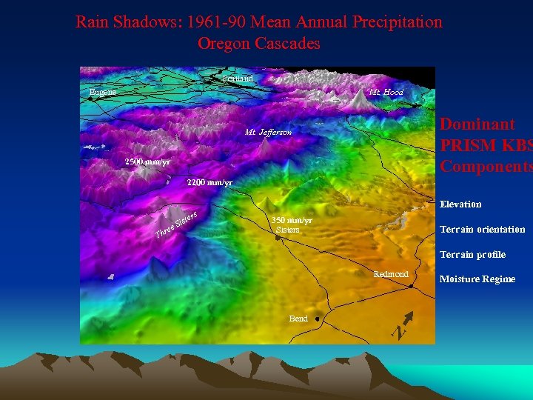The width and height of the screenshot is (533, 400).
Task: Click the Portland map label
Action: click(238, 79)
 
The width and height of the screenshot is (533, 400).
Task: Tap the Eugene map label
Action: click(102, 93)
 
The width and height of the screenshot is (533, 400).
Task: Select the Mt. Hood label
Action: click(386, 93)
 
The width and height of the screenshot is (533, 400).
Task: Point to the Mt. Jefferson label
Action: click(269, 133)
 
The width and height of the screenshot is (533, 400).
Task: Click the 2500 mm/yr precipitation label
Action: click(147, 161)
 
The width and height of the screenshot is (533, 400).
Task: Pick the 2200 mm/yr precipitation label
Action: click(209, 182)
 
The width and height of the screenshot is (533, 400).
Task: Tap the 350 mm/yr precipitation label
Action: click(292, 220)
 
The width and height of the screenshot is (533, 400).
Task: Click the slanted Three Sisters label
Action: click(175, 226)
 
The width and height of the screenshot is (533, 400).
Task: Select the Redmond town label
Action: click(391, 274)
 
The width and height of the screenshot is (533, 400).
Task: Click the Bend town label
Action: click(298, 319)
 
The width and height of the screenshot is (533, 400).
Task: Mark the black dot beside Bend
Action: click(317, 319)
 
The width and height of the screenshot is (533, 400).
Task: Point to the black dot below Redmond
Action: click(411, 288)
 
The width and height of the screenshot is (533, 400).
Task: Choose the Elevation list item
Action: click(460, 204)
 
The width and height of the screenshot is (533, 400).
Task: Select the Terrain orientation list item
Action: click(482, 230)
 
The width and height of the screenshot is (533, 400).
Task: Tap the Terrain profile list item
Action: click(472, 255)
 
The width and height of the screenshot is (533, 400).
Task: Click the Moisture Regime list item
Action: click(477, 279)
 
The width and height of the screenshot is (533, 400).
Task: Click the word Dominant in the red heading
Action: click(477, 124)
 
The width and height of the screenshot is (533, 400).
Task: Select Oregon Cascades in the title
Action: click(258, 44)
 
